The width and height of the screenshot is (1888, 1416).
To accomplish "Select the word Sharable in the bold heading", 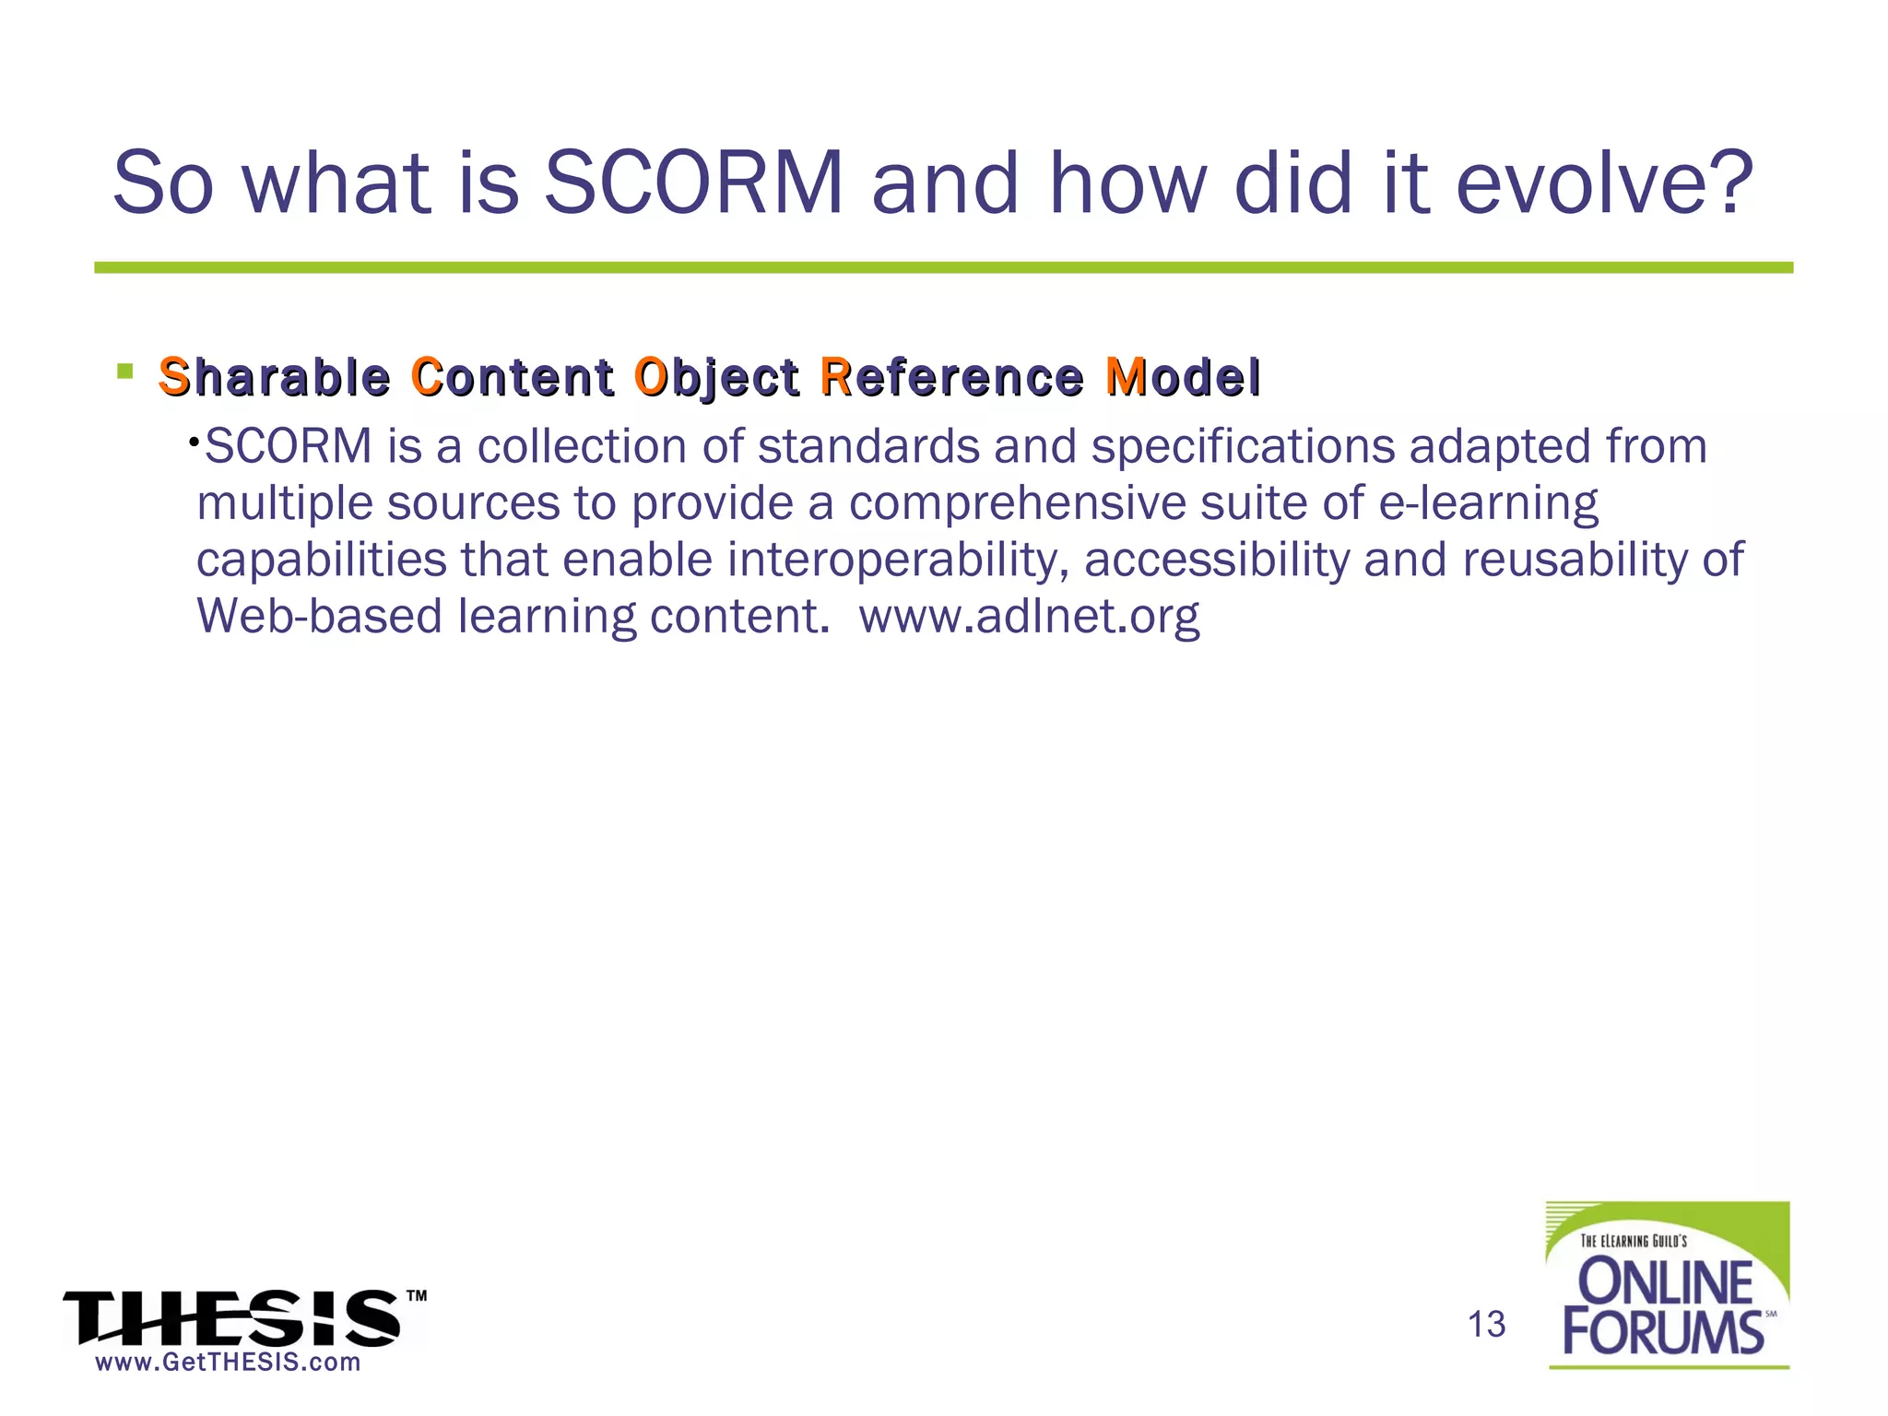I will tap(274, 377).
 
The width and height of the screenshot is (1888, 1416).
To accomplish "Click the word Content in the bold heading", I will tap(513, 377).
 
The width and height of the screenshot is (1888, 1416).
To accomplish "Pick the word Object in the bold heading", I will tap(716, 379).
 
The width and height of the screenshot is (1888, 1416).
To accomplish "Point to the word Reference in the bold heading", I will tap(951, 377).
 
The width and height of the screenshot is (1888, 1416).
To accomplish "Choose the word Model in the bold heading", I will tap(1183, 377).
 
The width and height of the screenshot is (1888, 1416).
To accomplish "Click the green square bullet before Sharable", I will tap(125, 372).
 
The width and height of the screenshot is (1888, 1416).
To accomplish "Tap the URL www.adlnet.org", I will tap(1029, 616).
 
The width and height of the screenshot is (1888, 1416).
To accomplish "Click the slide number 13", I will tap(1486, 1325).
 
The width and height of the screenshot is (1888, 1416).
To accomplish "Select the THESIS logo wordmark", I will tap(232, 1318).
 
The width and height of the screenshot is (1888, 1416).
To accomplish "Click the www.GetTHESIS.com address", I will tap(228, 1363).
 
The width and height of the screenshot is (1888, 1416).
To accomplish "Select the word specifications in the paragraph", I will tap(1243, 447).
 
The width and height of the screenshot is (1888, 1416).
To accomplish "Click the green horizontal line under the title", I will tap(943, 267).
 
